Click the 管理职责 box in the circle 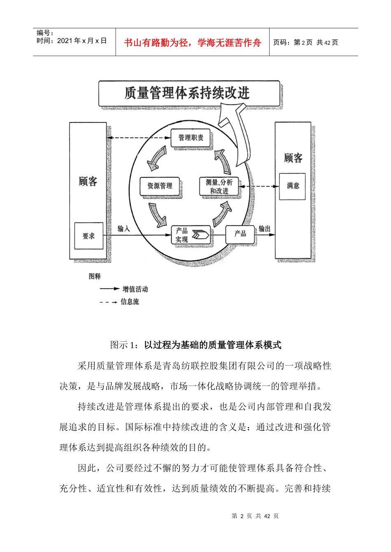tap(191, 138)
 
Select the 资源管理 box tap(160, 186)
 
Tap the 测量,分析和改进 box tap(219, 186)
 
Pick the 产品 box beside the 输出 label tap(240, 234)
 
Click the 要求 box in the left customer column tap(88, 236)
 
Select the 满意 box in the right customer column tap(293, 186)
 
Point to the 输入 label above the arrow tap(123, 228)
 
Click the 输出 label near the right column tap(264, 228)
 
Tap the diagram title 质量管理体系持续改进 tap(187, 93)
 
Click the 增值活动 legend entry tap(135, 289)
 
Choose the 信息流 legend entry tap(130, 302)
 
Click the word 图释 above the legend tap(95, 276)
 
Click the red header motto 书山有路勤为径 tap(192, 43)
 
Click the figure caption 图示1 tap(195, 345)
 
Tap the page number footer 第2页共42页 tap(255, 516)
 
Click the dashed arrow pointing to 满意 tap(259, 186)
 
